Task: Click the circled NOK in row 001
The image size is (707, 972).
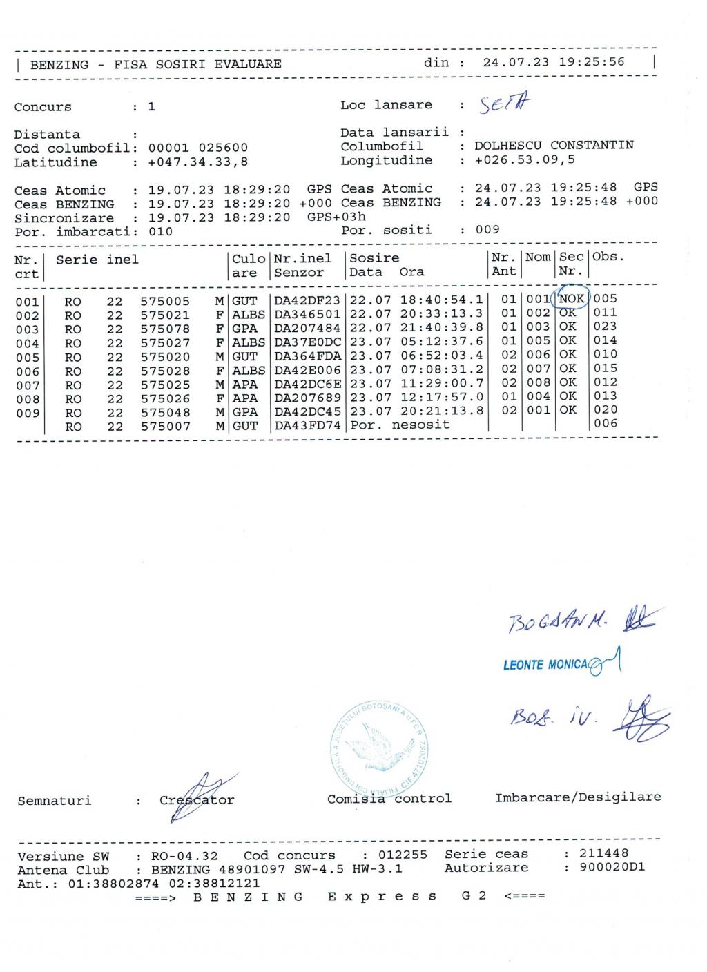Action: pyautogui.click(x=572, y=299)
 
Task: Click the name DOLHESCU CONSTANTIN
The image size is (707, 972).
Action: pyautogui.click(x=554, y=146)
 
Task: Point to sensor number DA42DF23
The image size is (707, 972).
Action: pyautogui.click(x=307, y=301)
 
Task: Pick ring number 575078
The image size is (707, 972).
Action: pyautogui.click(x=165, y=329)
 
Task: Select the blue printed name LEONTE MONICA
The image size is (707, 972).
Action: pyautogui.click(x=545, y=665)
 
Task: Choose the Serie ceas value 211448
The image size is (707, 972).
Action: pyautogui.click(x=604, y=854)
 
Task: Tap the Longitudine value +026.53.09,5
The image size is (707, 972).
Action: pyautogui.click(x=525, y=160)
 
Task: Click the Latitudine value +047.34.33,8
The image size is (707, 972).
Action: pyautogui.click(x=198, y=162)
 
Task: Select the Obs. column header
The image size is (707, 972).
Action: pyautogui.click(x=608, y=257)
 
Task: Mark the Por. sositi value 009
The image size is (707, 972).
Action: pyautogui.click(x=487, y=229)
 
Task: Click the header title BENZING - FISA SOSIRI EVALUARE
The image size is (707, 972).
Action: pyautogui.click(x=156, y=64)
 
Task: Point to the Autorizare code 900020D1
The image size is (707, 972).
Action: pyautogui.click(x=612, y=867)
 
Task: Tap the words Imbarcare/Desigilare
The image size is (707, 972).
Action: pyautogui.click(x=578, y=797)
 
